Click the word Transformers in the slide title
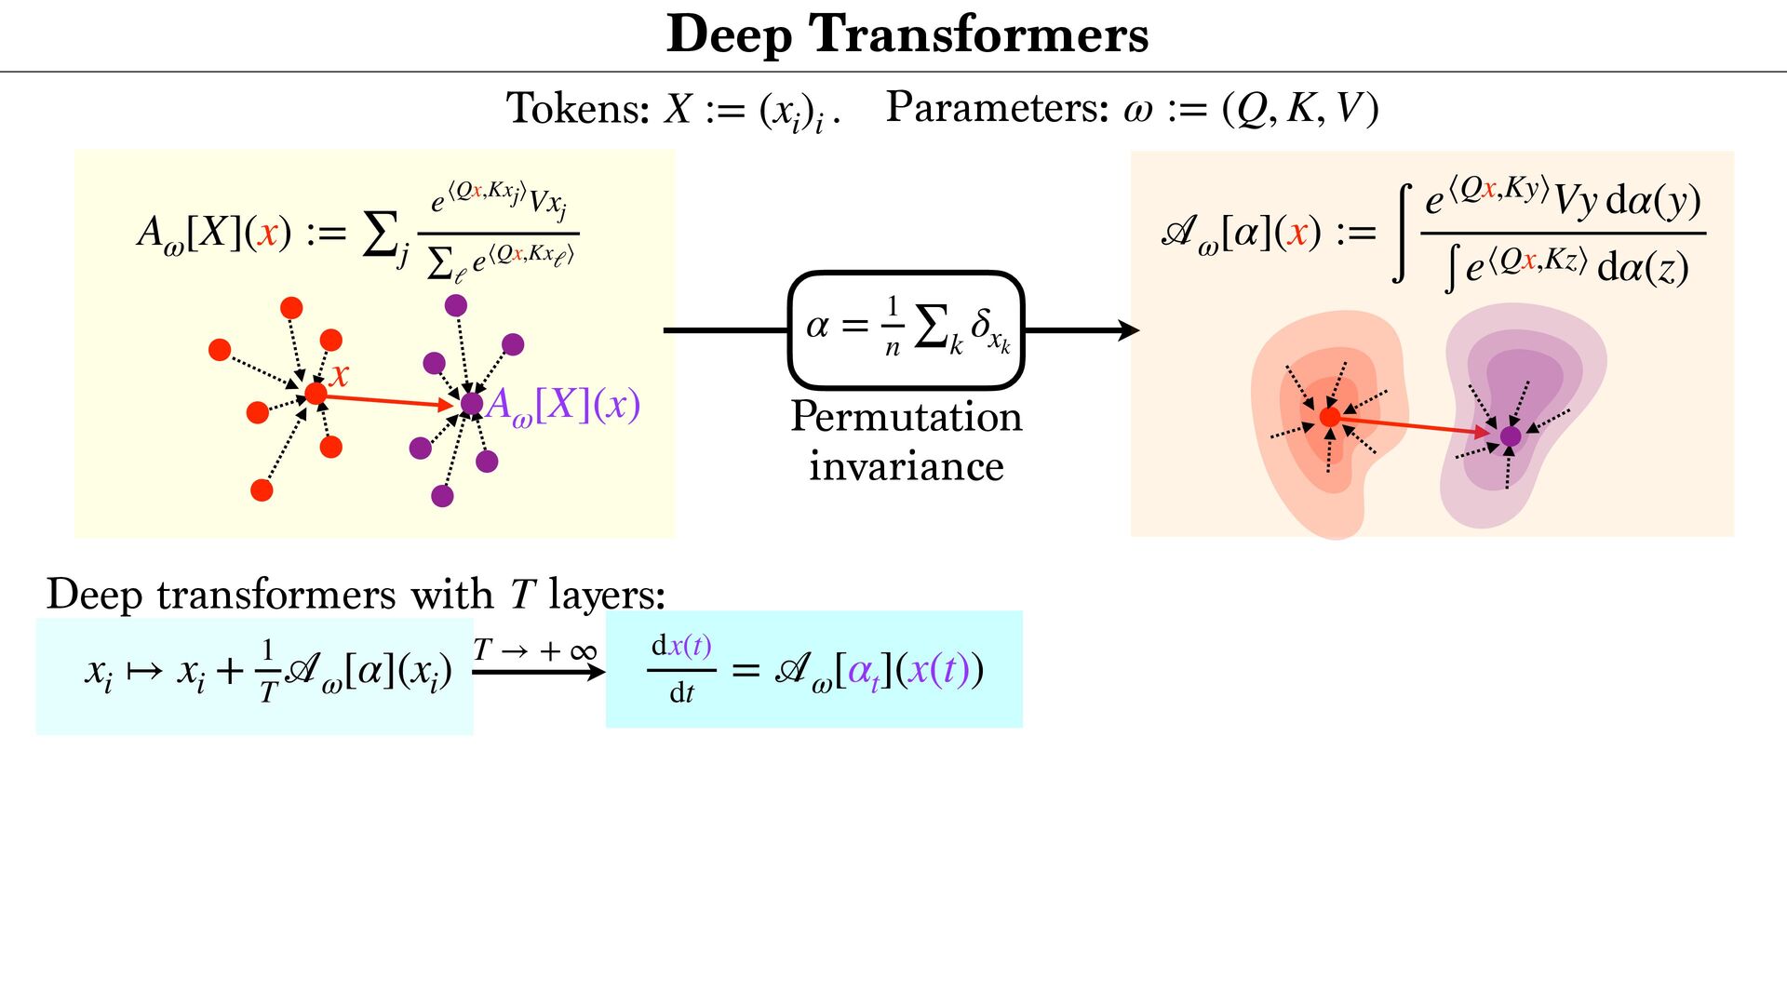(979, 35)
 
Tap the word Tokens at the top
(577, 108)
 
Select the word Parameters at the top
(997, 108)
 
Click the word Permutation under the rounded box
(906, 417)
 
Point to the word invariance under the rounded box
(906, 465)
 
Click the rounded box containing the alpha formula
(906, 329)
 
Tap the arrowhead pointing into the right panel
(1128, 329)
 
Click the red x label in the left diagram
(339, 375)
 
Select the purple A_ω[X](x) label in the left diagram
(563, 405)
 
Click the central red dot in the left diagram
(316, 394)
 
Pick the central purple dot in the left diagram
(472, 403)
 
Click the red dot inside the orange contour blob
(1330, 417)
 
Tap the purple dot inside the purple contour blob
(1511, 435)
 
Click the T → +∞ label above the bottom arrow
(534, 650)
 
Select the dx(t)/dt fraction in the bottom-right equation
(681, 669)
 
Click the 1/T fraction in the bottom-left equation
(268, 671)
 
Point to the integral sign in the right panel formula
(1402, 233)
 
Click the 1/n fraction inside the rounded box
(892, 327)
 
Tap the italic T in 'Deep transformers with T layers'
(522, 595)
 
